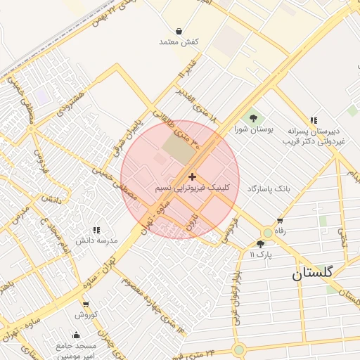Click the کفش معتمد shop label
tap(179, 42)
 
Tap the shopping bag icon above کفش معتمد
tap(179, 31)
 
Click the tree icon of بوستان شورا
tap(253, 117)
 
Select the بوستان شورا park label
tap(253, 129)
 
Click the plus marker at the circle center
tap(193, 176)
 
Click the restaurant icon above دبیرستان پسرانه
tap(313, 120)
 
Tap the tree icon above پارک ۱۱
tap(260, 243)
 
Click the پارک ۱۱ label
tap(259, 254)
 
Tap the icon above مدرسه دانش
tap(97, 229)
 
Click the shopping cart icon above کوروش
tap(86, 304)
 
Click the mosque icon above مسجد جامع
tap(77, 335)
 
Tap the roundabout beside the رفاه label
tap(267, 233)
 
